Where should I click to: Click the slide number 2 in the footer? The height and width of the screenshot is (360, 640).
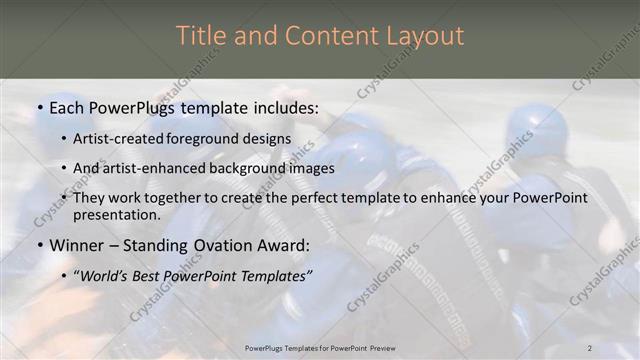tap(589, 347)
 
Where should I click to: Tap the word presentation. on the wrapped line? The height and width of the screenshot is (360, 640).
tap(116, 214)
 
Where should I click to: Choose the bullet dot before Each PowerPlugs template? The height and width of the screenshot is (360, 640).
tap(39, 106)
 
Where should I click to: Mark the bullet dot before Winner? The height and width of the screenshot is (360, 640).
tap(39, 245)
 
